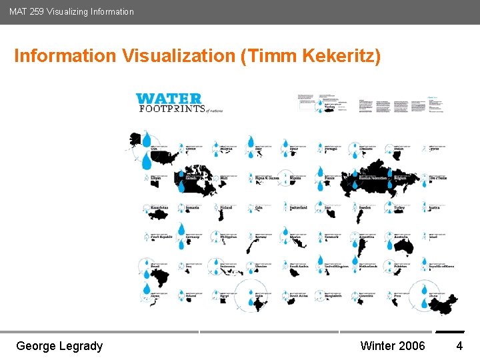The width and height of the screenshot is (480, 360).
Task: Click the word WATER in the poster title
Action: pos(169,99)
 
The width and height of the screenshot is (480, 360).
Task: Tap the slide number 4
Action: pos(459,345)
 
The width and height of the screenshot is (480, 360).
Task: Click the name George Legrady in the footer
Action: pos(59,345)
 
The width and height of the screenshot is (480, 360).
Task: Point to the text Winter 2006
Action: pos(392,345)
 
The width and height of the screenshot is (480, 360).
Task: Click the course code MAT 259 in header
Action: pos(26,11)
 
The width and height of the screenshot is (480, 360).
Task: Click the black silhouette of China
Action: pos(441,304)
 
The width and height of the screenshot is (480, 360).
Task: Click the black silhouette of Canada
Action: pos(195,180)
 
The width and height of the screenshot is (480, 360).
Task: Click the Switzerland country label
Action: pos(298,207)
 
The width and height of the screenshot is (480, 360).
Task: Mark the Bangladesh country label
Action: pos(333,295)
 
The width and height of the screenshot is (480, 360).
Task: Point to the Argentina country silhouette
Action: pos(364,248)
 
